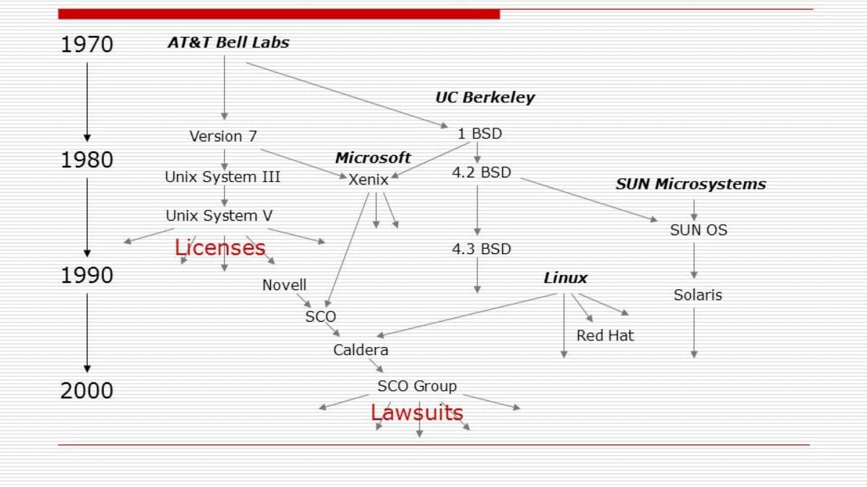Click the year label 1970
tap(87, 45)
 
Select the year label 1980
tap(87, 159)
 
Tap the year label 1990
tap(87, 275)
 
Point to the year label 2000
tap(87, 390)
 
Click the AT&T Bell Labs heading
tap(228, 43)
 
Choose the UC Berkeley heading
tap(485, 97)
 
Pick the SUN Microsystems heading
tap(691, 184)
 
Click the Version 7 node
tap(223, 136)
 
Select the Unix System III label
tap(223, 177)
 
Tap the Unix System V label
tap(219, 216)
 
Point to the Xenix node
tap(368, 180)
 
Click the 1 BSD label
tap(480, 133)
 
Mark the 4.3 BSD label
tap(481, 249)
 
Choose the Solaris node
tap(698, 295)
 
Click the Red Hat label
tap(605, 335)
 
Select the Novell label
tap(284, 285)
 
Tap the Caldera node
tap(361, 350)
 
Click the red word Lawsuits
tap(417, 413)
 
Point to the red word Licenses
tap(220, 247)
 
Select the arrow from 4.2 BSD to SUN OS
tap(589, 199)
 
